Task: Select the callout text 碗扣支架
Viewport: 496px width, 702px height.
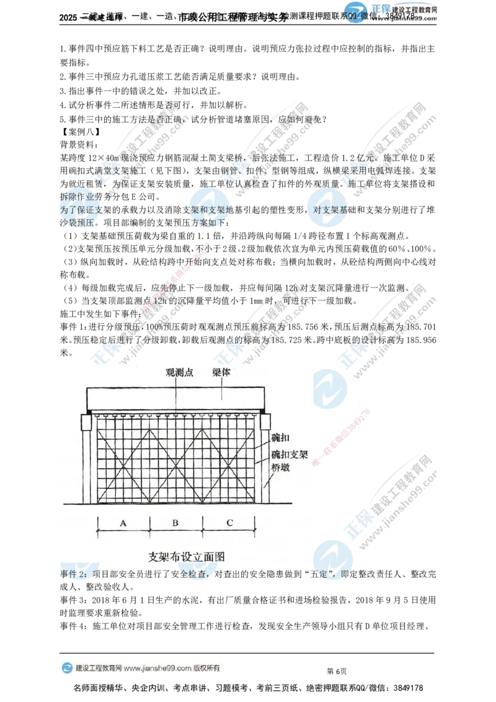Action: point(289,453)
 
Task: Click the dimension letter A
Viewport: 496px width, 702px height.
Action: point(123,523)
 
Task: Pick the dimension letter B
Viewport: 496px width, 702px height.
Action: point(175,523)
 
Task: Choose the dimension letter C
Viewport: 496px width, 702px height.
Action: point(229,523)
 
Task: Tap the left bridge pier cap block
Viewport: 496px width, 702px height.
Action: point(86,422)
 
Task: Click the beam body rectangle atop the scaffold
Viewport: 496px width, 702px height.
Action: point(177,397)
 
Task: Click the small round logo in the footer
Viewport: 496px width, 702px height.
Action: point(66,668)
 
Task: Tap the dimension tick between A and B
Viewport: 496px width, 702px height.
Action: point(150,523)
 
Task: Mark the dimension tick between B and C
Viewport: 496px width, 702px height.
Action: point(203,523)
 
